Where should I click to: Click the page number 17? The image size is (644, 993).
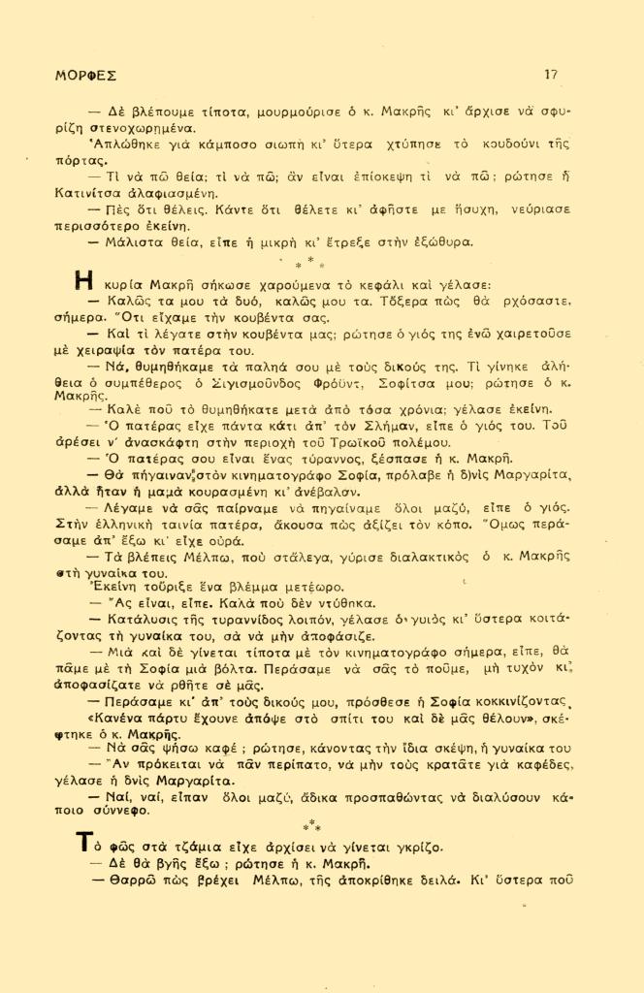[x=551, y=74]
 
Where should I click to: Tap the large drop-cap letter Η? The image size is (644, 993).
[x=84, y=284]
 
